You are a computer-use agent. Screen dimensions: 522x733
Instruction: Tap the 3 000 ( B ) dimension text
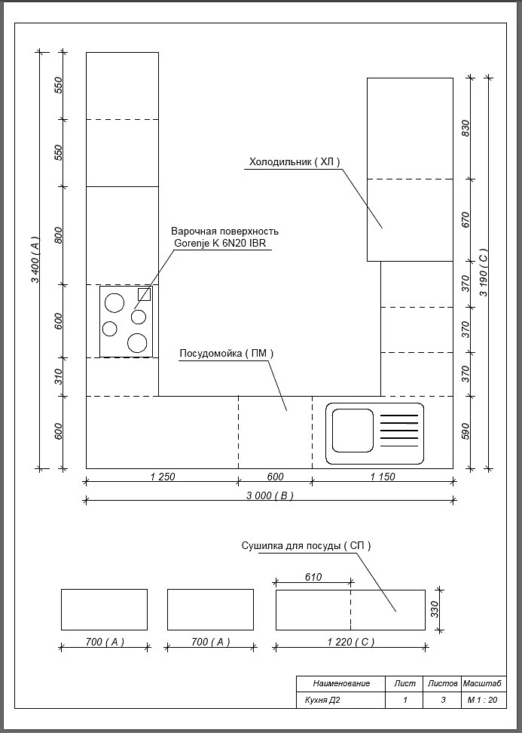270,495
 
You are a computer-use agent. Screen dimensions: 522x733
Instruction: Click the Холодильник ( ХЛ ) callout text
295,162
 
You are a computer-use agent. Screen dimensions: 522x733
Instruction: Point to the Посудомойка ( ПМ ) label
226,354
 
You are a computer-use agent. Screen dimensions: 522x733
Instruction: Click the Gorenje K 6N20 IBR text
220,243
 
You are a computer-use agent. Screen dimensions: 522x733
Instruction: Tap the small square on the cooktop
145,294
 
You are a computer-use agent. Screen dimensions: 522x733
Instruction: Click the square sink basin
353,431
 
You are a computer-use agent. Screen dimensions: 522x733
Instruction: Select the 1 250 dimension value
163,477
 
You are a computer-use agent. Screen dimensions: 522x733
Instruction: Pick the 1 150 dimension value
383,477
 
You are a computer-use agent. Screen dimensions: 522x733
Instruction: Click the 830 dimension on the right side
465,128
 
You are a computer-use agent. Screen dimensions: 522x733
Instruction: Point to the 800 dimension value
58,235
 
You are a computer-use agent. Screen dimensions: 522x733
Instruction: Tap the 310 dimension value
58,377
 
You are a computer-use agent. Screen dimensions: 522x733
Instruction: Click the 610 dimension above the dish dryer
313,578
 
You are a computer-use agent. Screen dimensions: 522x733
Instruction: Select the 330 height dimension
435,609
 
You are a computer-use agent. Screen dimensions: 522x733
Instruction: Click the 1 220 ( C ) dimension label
351,643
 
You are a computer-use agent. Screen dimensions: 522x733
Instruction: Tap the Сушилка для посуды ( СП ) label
307,546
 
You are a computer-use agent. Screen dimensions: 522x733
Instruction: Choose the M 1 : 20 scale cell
483,701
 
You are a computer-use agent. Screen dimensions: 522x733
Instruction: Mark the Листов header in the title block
443,683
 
